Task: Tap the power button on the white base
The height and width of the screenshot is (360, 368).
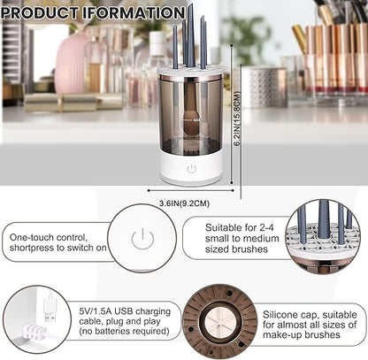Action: coord(191,167)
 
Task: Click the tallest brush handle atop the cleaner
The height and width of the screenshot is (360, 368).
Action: coord(189,35)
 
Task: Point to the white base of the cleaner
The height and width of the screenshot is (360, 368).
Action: coord(191,170)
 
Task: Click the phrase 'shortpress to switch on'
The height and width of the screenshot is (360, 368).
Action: coord(57,249)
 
